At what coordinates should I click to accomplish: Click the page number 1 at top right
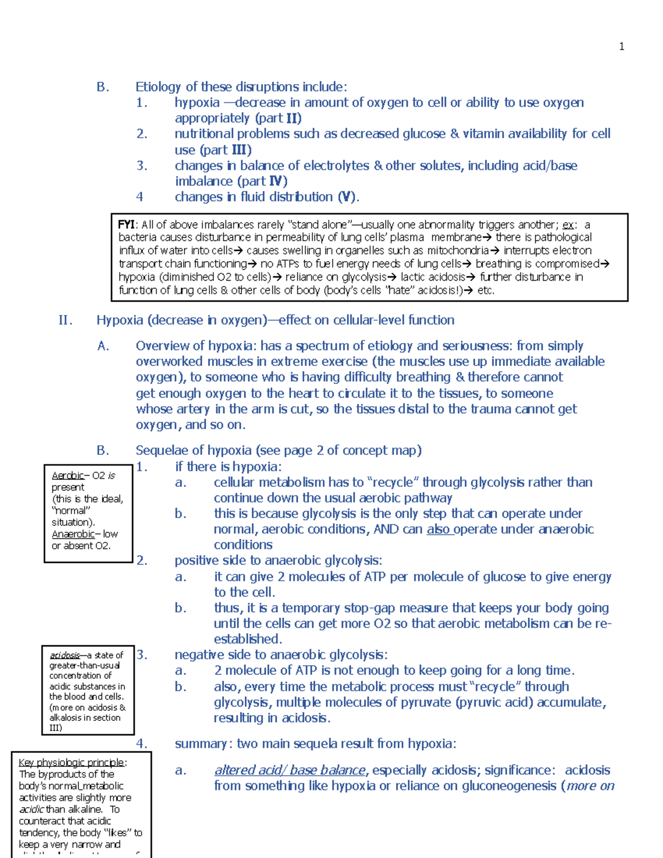[622, 46]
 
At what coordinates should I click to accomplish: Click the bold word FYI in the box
[126, 224]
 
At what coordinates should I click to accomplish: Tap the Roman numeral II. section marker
[65, 320]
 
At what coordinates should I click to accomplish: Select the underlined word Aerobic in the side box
[67, 476]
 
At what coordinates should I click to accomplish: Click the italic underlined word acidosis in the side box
[65, 655]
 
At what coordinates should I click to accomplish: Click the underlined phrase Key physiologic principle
[71, 763]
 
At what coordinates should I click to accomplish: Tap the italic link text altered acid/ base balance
[290, 770]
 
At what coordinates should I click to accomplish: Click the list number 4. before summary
[141, 744]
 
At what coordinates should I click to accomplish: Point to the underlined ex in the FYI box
[567, 225]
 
